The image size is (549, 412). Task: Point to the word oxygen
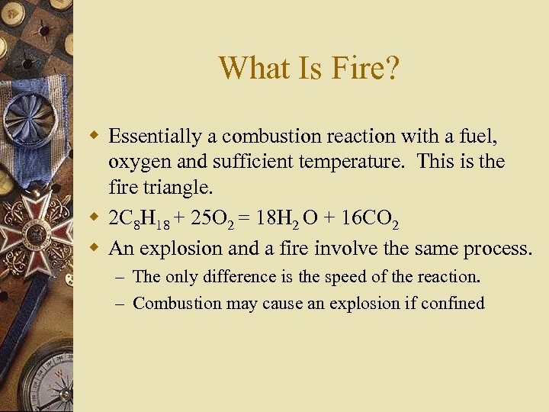point(135,163)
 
